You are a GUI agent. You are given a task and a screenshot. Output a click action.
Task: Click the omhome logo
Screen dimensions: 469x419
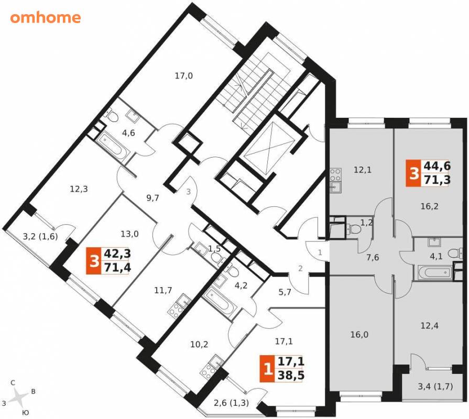pos(46,18)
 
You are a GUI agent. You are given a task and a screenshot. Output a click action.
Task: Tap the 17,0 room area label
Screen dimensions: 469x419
pos(183,76)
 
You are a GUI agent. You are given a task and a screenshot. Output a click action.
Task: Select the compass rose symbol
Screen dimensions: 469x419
pos(18,397)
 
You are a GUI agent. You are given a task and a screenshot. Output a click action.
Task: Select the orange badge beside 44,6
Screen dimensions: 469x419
pos(414,173)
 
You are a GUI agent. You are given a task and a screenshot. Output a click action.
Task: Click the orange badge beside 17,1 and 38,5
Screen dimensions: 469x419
pos(267,369)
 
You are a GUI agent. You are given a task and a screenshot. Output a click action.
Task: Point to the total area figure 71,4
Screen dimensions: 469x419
pos(117,267)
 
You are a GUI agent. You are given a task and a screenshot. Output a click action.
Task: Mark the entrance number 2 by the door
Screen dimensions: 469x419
pos(300,268)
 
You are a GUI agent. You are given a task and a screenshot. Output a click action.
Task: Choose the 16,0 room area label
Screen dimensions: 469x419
pos(359,335)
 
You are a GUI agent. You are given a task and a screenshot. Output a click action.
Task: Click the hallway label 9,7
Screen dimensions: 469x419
pos(152,198)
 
